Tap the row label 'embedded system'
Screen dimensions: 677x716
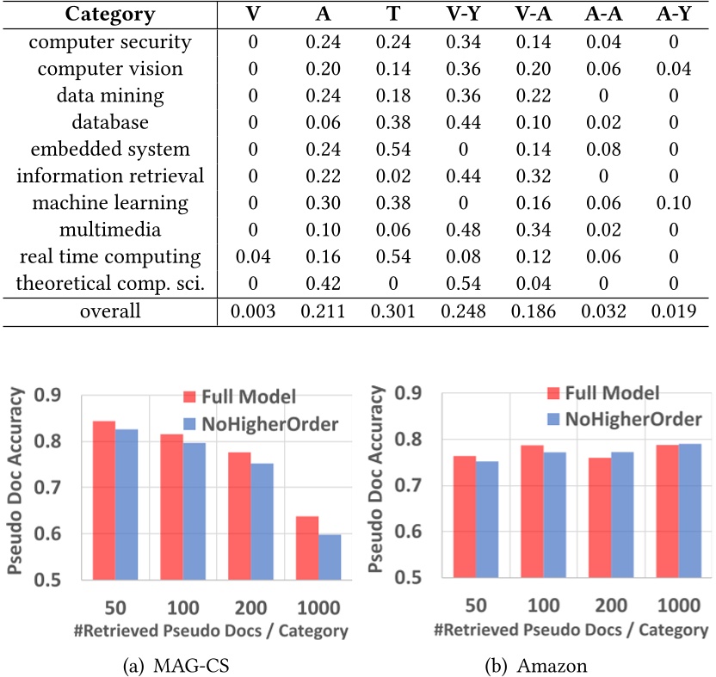click(110, 149)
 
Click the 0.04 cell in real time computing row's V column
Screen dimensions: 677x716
click(253, 256)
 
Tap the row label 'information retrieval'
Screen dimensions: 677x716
click(110, 176)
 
